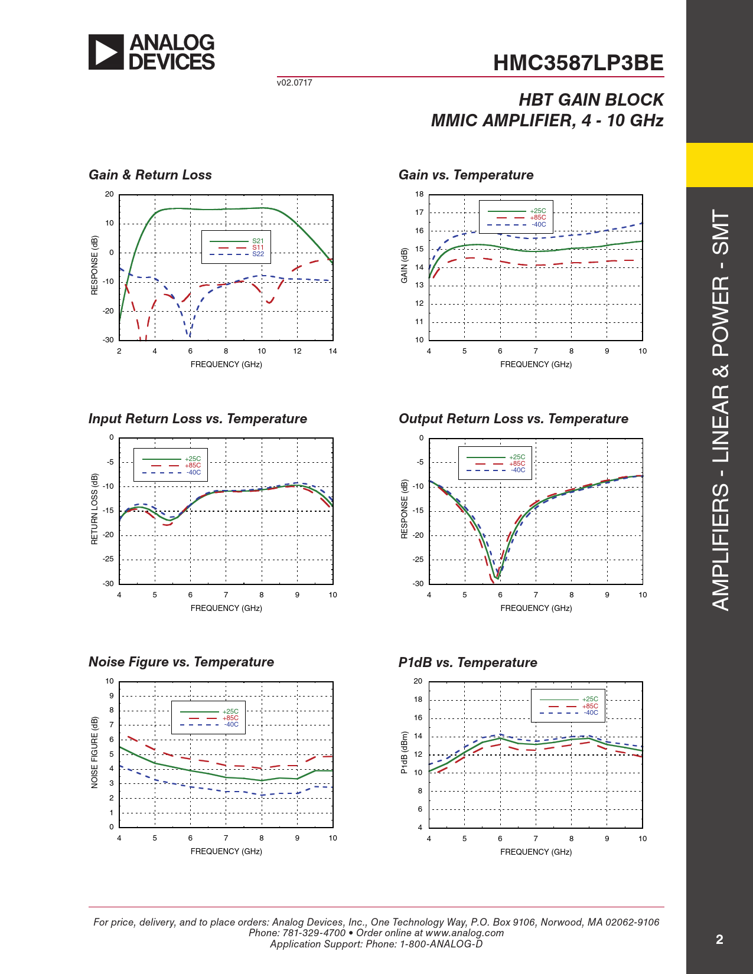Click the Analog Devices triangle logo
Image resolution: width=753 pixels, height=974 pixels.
106,52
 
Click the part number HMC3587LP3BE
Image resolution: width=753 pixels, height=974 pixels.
578,63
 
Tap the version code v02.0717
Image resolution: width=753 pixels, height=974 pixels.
294,83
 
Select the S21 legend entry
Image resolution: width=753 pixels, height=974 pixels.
258,241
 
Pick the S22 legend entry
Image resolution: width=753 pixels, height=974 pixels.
258,254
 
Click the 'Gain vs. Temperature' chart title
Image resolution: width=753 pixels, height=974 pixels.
466,175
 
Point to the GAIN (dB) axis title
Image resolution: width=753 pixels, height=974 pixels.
405,266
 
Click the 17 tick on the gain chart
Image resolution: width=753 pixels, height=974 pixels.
419,213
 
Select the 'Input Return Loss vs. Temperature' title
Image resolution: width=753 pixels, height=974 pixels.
198,419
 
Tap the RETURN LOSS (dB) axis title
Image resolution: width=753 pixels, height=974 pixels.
94,509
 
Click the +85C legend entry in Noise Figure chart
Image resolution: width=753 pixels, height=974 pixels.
230,718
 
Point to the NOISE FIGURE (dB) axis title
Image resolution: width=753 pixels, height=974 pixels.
94,752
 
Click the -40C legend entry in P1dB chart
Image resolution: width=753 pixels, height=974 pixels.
591,712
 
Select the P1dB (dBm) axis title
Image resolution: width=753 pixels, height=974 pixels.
405,753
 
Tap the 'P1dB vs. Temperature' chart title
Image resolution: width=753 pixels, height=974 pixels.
468,662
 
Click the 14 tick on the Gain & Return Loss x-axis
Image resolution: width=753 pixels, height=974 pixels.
333,351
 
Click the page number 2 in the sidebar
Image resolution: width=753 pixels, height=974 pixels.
719,939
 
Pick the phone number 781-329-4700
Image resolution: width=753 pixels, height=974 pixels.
314,933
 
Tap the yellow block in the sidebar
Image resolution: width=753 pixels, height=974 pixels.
719,165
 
